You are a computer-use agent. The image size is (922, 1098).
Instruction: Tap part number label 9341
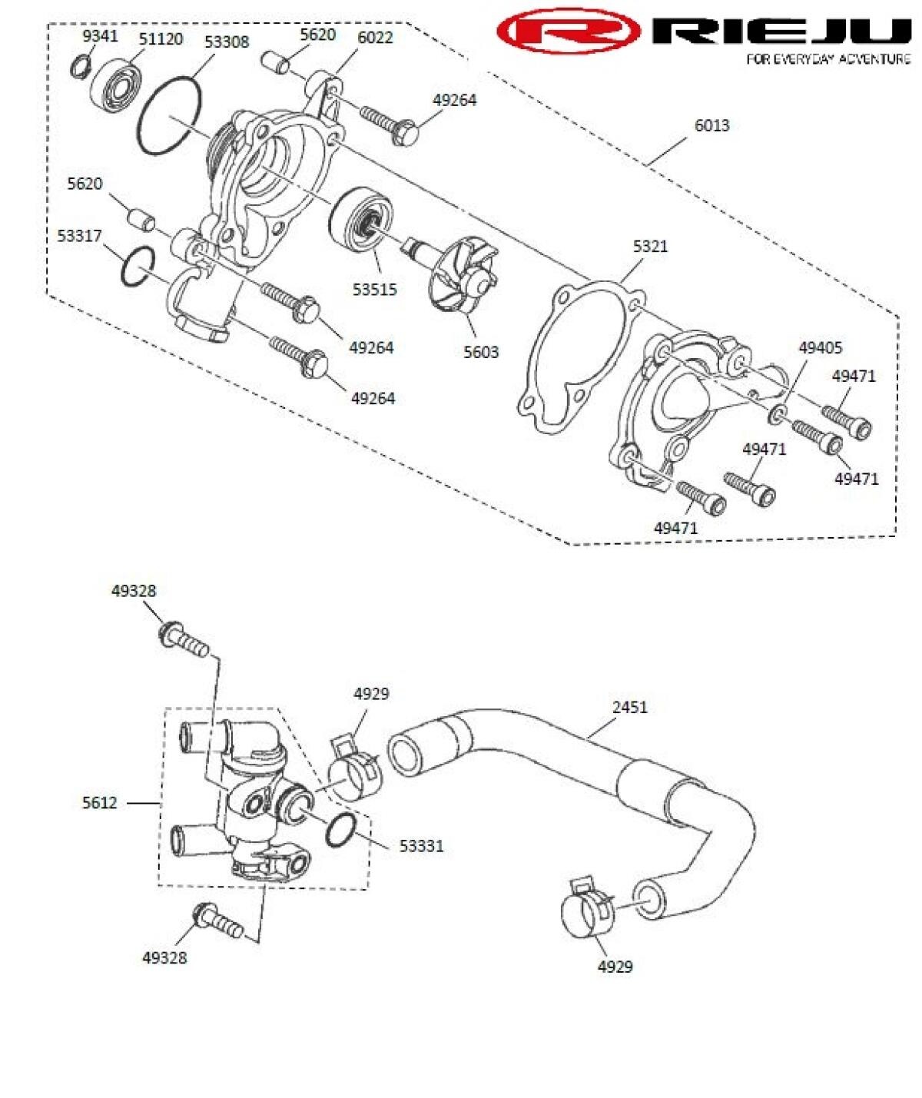pyautogui.click(x=100, y=35)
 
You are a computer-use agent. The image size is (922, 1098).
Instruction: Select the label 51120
pyautogui.click(x=161, y=38)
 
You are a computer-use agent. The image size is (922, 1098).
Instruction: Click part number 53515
pyautogui.click(x=375, y=289)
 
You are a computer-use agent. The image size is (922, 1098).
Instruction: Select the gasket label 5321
pyautogui.click(x=650, y=246)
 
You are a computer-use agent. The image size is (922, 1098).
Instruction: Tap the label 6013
pyautogui.click(x=711, y=124)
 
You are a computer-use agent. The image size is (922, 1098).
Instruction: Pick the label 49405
pyautogui.click(x=820, y=347)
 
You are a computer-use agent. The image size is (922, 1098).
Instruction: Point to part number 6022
pyautogui.click(x=375, y=37)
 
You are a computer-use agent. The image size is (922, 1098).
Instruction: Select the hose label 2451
pyautogui.click(x=629, y=706)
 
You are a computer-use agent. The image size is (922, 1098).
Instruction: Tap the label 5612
pyautogui.click(x=100, y=802)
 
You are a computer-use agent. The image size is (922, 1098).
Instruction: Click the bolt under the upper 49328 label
pyautogui.click(x=183, y=640)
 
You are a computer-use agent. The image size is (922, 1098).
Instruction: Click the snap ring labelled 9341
pyautogui.click(x=81, y=68)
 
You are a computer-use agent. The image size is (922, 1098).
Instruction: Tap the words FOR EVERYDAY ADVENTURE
pyautogui.click(x=828, y=59)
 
